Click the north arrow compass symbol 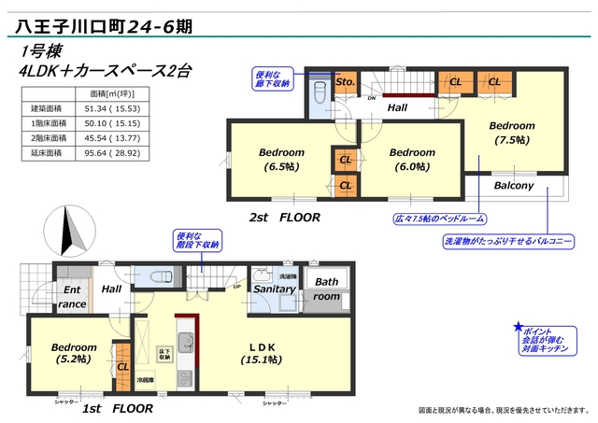click(65, 229)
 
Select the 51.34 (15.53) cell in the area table click(113, 109)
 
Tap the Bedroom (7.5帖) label click(511, 133)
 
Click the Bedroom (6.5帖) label click(280, 160)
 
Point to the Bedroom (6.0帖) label click(412, 160)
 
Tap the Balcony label click(514, 185)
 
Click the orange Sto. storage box click(344, 82)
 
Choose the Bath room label click(326, 289)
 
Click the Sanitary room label click(275, 289)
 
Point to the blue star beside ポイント click(518, 328)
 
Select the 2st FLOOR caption click(284, 217)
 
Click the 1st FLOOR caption click(117, 409)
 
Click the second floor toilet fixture click(319, 94)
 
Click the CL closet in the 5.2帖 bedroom click(122, 367)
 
